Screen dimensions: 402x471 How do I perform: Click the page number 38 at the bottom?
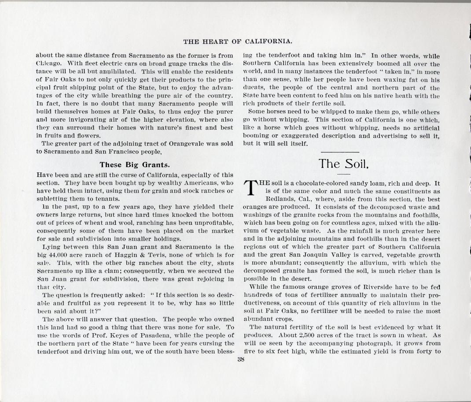tap(241, 359)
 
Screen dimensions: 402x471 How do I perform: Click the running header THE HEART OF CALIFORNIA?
tap(238, 41)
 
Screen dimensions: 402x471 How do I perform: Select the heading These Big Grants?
tap(134, 165)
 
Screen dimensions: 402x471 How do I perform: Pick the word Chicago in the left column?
tap(49, 63)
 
